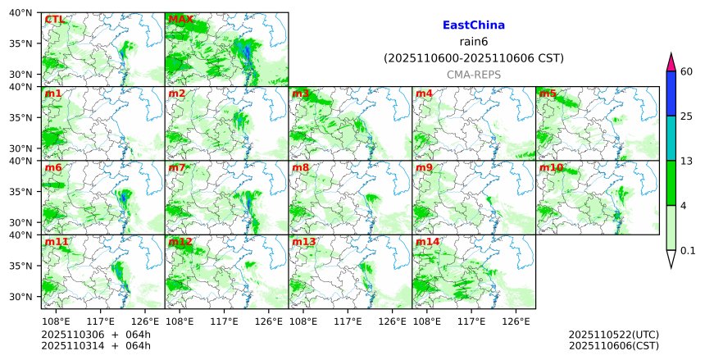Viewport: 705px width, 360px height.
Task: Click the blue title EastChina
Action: click(x=473, y=25)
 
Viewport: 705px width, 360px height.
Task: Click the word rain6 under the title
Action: click(x=473, y=42)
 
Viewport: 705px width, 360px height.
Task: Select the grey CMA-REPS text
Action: click(x=473, y=75)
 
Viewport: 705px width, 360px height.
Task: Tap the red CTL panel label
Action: click(x=55, y=19)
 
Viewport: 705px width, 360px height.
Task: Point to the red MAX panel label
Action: click(x=180, y=19)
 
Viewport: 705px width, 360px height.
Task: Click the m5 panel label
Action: click(x=547, y=93)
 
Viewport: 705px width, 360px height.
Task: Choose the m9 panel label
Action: click(x=424, y=168)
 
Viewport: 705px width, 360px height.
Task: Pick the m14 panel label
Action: click(x=427, y=243)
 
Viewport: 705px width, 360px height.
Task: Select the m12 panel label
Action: click(x=180, y=243)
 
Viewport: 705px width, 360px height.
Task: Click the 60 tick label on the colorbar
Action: click(x=687, y=71)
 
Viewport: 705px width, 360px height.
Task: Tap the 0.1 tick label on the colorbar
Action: click(x=688, y=250)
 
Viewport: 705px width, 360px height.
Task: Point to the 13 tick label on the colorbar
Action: click(x=687, y=161)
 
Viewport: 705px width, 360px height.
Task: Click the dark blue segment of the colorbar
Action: click(x=671, y=93)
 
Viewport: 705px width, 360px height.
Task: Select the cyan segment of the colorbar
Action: click(x=671, y=138)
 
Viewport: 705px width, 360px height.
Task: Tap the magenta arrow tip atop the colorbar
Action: click(x=671, y=62)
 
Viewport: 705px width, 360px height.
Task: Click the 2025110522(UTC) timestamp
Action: click(x=613, y=335)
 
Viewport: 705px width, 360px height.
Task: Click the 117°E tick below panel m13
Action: click(x=348, y=322)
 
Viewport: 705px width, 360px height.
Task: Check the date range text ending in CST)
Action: click(x=473, y=58)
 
